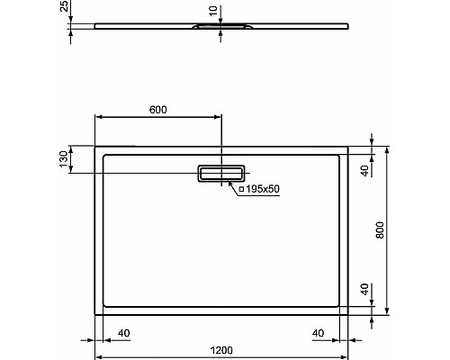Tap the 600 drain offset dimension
click(157, 110)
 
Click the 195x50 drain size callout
click(257, 190)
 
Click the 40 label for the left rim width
click(124, 334)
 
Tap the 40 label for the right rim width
click(319, 334)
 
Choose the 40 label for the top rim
click(365, 168)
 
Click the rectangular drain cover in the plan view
click(220, 172)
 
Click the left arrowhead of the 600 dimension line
click(98, 117)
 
